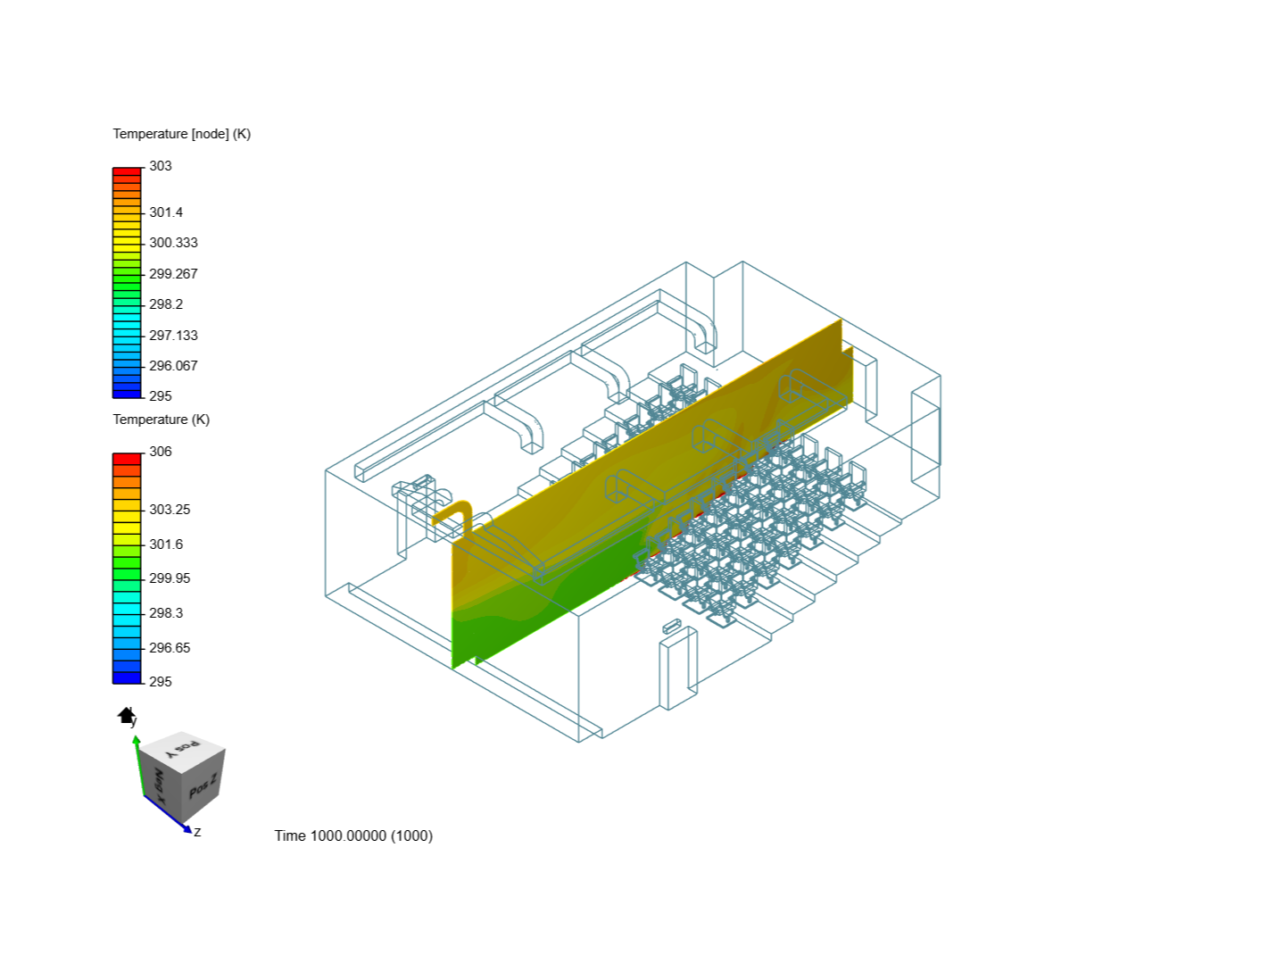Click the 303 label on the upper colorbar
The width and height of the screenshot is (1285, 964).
coord(160,166)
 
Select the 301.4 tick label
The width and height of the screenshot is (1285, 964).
coord(165,212)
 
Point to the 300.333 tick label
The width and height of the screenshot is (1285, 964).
coord(173,243)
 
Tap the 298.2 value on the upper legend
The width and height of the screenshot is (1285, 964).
coord(165,304)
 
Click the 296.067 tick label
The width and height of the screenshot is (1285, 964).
coord(173,366)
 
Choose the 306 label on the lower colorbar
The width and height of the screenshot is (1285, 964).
coord(160,452)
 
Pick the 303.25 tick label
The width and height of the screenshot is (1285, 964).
coord(170,510)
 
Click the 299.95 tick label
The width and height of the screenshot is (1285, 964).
coord(170,578)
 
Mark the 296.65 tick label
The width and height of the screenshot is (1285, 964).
coord(170,648)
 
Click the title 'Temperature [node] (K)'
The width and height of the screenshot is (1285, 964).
coord(181,134)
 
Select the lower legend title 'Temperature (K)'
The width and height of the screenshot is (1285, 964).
coord(161,420)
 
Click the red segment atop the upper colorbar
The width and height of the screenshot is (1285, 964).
coord(127,171)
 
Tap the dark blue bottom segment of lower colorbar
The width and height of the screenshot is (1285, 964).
coord(127,677)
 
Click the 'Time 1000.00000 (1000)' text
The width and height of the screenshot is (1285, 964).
coord(353,835)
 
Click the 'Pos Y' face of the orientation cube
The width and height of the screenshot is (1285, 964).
coord(183,746)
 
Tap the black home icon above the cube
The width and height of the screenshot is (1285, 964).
coord(126,715)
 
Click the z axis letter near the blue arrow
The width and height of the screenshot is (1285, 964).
coord(197,832)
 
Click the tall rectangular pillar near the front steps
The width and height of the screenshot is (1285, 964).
coord(676,669)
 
